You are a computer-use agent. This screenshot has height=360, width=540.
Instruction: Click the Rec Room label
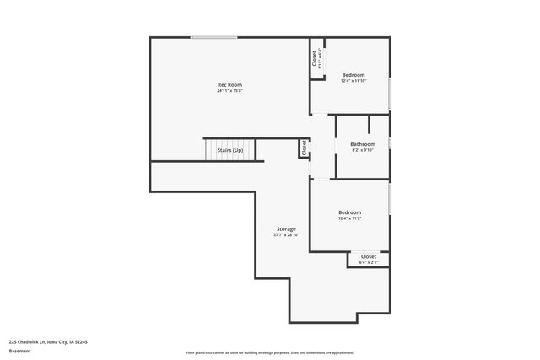(229, 84)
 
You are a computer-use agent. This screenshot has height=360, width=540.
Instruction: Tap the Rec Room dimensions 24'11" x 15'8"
(229, 91)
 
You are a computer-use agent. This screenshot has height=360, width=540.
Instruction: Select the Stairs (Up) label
(229, 150)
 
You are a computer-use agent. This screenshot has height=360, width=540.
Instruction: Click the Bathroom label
(363, 144)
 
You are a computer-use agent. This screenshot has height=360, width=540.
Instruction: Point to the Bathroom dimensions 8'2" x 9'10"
(363, 151)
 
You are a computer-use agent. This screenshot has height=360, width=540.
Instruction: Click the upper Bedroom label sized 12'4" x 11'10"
(354, 75)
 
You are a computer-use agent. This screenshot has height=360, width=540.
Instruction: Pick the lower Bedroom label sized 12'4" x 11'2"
(349, 212)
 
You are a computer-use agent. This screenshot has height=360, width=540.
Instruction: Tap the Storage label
(286, 229)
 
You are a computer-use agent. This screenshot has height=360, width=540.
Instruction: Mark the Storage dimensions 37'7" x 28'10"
(286, 236)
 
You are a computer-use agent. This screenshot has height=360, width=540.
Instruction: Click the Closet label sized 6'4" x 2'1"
(369, 256)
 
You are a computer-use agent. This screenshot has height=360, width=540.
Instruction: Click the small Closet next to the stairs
(303, 148)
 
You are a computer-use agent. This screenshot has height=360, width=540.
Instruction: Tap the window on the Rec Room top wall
(213, 37)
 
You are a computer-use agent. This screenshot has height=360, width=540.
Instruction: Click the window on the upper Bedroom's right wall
(390, 94)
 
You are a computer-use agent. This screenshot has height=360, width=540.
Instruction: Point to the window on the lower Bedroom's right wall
(390, 202)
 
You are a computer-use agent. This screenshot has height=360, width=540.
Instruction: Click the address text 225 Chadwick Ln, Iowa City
(48, 341)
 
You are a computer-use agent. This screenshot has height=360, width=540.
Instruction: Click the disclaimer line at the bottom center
(271, 352)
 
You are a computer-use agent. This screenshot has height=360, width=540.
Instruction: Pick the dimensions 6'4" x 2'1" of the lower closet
(369, 262)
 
